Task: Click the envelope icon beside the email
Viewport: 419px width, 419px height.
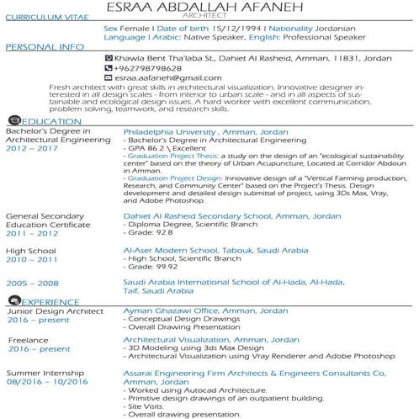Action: coord(107,77)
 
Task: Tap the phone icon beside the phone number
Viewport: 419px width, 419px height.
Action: coord(107,66)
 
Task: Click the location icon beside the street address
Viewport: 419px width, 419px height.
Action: coord(107,57)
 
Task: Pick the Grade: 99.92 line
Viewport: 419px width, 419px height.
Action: coord(154,266)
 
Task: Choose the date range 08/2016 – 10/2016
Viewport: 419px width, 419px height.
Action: coord(47,381)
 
